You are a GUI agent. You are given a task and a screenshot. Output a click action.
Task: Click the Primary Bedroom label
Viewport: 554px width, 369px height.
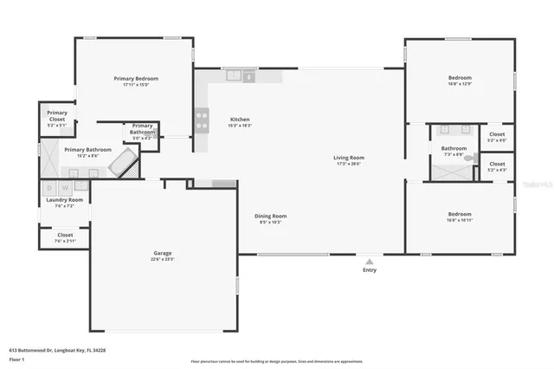141,78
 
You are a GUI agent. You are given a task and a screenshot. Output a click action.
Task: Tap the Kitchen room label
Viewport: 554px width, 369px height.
240,120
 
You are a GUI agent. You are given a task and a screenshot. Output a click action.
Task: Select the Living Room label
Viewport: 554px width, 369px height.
350,157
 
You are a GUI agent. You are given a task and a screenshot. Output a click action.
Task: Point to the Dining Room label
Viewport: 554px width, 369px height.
271,216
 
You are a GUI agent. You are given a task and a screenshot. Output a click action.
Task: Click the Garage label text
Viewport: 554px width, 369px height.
162,253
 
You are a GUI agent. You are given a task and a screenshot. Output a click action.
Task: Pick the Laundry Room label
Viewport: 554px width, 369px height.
65,199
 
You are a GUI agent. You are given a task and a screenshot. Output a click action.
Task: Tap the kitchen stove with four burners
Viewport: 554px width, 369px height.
203,117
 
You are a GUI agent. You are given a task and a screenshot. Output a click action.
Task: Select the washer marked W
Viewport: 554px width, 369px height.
64,185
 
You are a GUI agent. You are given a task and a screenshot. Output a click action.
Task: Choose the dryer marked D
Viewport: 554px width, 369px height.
49,185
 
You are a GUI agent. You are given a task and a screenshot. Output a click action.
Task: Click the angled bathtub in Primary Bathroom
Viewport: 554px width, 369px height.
126,162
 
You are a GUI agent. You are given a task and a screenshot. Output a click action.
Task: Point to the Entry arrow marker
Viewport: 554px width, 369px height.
370,261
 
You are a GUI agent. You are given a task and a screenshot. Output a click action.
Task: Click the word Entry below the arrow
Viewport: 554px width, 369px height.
370,270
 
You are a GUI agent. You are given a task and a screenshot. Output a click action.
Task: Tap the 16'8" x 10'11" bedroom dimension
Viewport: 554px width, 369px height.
460,221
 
